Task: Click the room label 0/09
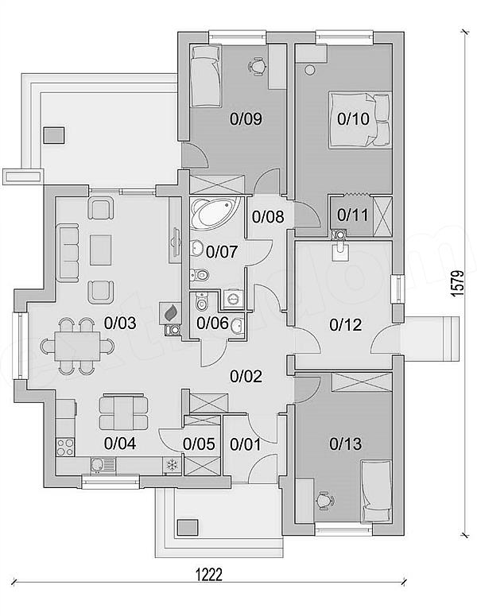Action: pyautogui.click(x=246, y=118)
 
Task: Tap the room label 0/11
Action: pyautogui.click(x=352, y=215)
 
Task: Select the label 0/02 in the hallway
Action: pyautogui.click(x=246, y=377)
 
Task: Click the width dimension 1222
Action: pyautogui.click(x=209, y=575)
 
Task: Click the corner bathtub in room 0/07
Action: pyautogui.click(x=214, y=213)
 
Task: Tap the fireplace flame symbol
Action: pyautogui.click(x=170, y=313)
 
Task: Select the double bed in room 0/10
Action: pyautogui.click(x=360, y=120)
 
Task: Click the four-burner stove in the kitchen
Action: pyautogui.click(x=65, y=447)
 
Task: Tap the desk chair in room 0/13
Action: pyautogui.click(x=324, y=501)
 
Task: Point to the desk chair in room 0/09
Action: pyautogui.click(x=258, y=65)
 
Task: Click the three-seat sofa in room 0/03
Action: pyautogui.click(x=68, y=253)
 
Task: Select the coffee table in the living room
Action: pyautogui.click(x=101, y=250)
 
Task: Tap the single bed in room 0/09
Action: pyautogui.click(x=205, y=76)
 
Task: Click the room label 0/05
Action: pyautogui.click(x=199, y=444)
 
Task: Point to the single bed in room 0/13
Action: pyautogui.click(x=376, y=491)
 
